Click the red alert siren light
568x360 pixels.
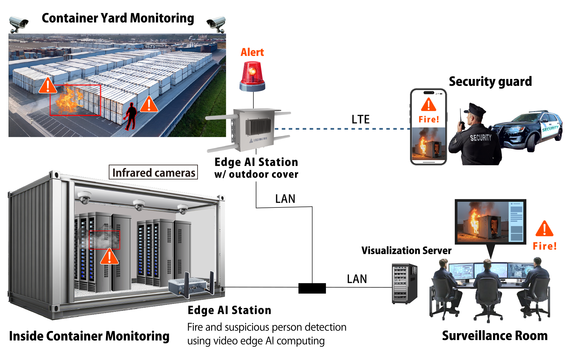(252, 77)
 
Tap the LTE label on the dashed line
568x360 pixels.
(360, 119)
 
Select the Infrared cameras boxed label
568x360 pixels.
(153, 172)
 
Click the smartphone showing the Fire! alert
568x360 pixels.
(428, 126)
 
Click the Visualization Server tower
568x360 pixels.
(405, 283)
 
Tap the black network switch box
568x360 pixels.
(312, 288)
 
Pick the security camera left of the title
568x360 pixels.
(18, 24)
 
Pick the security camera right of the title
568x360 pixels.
(216, 24)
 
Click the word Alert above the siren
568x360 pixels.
(252, 52)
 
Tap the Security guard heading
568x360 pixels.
(490, 81)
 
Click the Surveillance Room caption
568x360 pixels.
(494, 336)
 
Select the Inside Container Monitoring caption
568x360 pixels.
(89, 336)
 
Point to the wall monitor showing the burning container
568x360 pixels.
(490, 221)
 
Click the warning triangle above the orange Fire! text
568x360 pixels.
(544, 229)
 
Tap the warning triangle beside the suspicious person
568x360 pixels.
(149, 105)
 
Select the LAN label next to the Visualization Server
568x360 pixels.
(357, 279)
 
